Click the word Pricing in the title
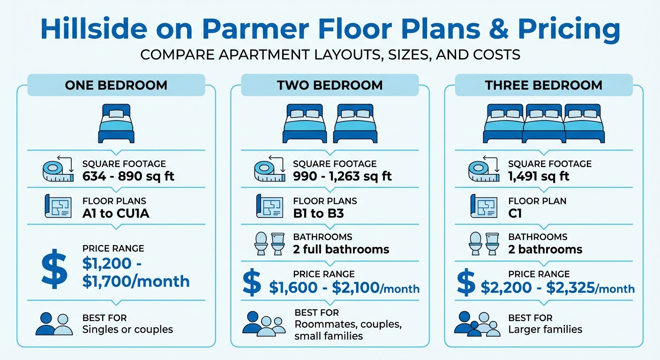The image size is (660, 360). coord(568,30)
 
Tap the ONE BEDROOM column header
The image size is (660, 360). coord(116,85)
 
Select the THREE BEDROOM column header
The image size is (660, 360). coord(544,85)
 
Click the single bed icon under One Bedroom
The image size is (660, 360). coord(116,123)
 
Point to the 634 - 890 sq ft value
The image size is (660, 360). coord(128,176)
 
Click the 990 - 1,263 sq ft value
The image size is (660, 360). coord(342,176)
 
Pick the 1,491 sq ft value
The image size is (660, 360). coord(539,176)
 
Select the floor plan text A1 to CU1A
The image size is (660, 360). coord(116,213)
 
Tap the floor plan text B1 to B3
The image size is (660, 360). coord(318,213)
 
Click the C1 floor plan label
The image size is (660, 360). coord(515,213)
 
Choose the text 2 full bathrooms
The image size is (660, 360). coord(341,249)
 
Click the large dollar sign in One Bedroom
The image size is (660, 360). coord(54,269)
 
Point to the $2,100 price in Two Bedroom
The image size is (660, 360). coord(355,287)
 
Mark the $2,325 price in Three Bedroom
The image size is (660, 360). coord(570,287)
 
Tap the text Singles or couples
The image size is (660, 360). coord(127,330)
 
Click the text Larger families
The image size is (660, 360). coord(545,330)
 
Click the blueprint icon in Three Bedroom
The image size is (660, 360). coord(484,206)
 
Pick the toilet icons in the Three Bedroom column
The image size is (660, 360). coord(483,243)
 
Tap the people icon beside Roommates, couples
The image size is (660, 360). coord(264,324)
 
